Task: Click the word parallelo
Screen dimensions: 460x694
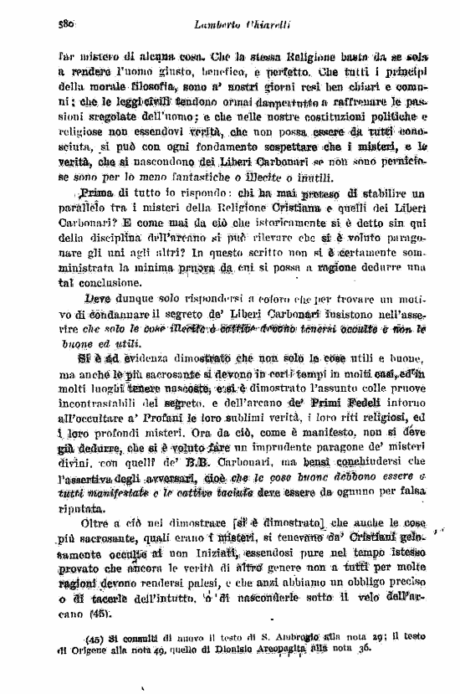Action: tap(92, 208)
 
